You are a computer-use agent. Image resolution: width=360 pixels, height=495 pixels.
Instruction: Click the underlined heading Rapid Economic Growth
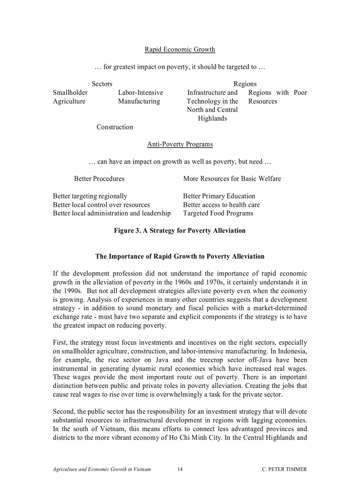click(180, 49)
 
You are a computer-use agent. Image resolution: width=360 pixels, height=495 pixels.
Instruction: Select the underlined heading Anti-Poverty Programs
click(180, 144)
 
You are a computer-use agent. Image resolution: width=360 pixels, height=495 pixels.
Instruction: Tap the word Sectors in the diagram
click(102, 84)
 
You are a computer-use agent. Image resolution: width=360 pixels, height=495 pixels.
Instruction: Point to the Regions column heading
click(245, 84)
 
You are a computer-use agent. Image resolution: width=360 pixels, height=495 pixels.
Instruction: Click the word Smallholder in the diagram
click(70, 93)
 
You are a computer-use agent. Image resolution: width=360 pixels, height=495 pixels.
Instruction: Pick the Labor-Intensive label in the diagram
click(140, 93)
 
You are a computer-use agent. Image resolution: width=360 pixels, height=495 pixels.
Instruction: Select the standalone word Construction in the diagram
click(115, 127)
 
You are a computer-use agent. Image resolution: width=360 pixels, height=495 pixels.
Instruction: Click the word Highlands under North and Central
click(212, 118)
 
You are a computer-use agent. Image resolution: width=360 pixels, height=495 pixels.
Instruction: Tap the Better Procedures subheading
click(99, 179)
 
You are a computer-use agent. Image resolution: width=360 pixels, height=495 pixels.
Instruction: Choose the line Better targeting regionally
click(90, 196)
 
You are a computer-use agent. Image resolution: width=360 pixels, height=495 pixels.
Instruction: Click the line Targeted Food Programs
click(218, 213)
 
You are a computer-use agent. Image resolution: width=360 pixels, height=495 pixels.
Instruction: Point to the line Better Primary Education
click(219, 196)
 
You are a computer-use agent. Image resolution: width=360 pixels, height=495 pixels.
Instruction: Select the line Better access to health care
click(221, 205)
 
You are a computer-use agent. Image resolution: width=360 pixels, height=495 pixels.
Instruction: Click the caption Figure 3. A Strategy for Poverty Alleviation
click(180, 231)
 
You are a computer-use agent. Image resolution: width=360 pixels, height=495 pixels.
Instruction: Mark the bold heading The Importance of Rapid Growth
click(180, 256)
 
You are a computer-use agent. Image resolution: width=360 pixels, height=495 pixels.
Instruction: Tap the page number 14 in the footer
click(180, 469)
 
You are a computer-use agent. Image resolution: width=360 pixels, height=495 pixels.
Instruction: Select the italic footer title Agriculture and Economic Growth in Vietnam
click(102, 469)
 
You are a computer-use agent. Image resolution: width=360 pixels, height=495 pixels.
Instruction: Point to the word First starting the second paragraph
click(60, 342)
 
